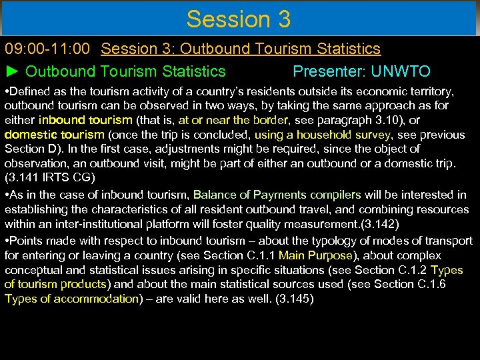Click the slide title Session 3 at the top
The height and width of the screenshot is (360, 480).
click(239, 19)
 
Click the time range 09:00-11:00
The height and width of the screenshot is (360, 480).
click(50, 49)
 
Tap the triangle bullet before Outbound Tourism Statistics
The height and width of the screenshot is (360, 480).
click(13, 71)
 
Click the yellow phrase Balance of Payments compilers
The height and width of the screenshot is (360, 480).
click(277, 195)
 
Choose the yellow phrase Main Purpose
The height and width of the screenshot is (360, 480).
click(315, 255)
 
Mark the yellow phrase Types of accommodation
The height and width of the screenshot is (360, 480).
click(71, 299)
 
